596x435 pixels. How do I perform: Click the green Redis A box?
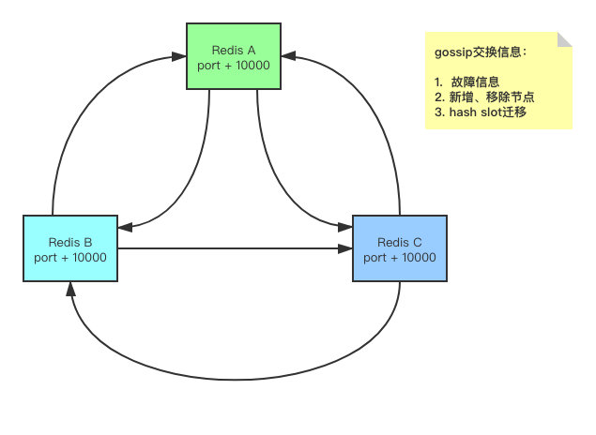[x=234, y=55]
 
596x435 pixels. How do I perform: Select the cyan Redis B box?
[x=70, y=248]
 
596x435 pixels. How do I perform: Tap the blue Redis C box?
[x=400, y=248]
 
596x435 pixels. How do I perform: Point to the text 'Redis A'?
[x=234, y=49]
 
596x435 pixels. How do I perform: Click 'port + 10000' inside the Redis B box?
[x=70, y=257]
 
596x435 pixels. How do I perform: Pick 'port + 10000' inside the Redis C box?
[x=400, y=257]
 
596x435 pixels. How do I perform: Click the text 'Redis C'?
[x=400, y=242]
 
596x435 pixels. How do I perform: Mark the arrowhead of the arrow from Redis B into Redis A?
[x=180, y=58]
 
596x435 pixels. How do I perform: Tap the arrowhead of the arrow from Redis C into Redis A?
[x=288, y=58]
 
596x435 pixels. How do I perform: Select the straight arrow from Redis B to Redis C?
[x=235, y=248]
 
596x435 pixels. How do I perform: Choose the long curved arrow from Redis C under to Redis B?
[x=235, y=364]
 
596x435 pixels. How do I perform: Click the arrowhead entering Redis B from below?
[x=70, y=288]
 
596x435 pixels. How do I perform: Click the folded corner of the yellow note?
[x=565, y=38]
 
